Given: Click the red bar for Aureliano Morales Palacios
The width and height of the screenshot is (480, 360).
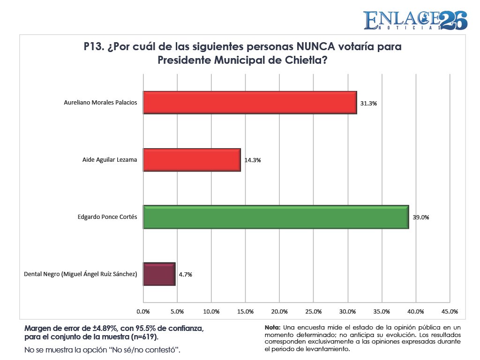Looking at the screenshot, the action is pyautogui.click(x=250, y=103).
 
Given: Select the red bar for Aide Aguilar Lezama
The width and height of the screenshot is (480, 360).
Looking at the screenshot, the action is pyautogui.click(x=192, y=160).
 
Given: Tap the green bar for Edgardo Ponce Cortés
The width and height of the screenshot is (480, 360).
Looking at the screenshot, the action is pyautogui.click(x=276, y=217).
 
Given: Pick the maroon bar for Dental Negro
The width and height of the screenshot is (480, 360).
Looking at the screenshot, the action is pyautogui.click(x=159, y=274).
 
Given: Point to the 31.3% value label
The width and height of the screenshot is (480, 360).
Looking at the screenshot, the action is pyautogui.click(x=368, y=104).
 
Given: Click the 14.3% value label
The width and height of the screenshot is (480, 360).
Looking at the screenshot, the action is pyautogui.click(x=253, y=160).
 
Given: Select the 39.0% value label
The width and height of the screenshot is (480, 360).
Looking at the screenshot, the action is pyautogui.click(x=421, y=217).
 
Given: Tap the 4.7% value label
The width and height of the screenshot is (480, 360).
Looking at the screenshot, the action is pyautogui.click(x=186, y=275).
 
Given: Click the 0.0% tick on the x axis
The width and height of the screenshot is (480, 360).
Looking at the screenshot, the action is pyautogui.click(x=143, y=312).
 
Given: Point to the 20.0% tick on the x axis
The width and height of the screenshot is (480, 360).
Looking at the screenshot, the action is pyautogui.click(x=279, y=312).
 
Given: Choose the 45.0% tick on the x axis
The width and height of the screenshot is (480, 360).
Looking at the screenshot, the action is pyautogui.click(x=450, y=312).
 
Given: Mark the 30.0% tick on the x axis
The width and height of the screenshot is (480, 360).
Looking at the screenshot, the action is pyautogui.click(x=347, y=312).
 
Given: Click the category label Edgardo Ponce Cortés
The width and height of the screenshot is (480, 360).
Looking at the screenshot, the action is pyautogui.click(x=107, y=217).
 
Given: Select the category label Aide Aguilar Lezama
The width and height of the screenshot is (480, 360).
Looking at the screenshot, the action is pyautogui.click(x=110, y=160).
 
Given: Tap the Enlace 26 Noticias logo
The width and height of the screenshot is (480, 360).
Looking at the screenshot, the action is pyautogui.click(x=415, y=20).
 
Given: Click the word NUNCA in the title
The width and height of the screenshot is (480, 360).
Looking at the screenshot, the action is pyautogui.click(x=315, y=46).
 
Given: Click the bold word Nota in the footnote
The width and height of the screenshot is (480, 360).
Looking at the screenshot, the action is pyautogui.click(x=272, y=328).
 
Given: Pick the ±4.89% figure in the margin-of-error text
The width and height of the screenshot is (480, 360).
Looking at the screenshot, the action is pyautogui.click(x=105, y=329).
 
